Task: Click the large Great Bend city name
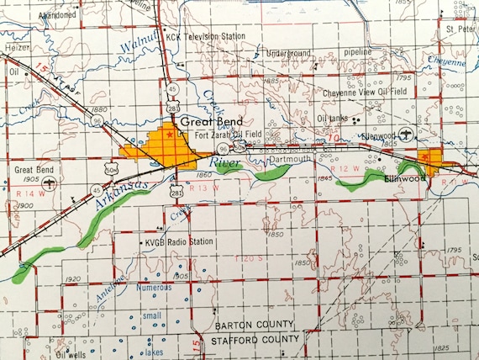(x=206, y=120)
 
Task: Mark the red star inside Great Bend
(x=171, y=134)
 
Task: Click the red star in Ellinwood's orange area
(x=434, y=156)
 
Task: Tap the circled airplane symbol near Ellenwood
(x=408, y=135)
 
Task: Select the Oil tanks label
(x=333, y=119)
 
